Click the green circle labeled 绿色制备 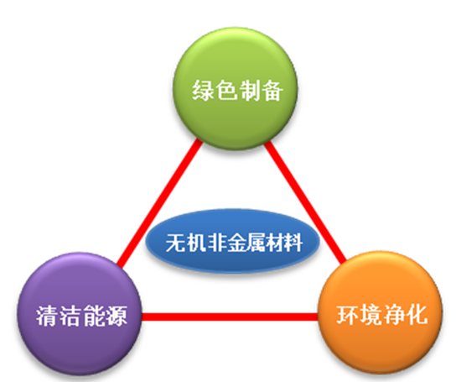(x=235, y=89)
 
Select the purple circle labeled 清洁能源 (x=80, y=314)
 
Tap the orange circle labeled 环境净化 (x=381, y=312)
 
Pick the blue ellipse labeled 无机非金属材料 (x=233, y=241)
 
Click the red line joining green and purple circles (x=159, y=202)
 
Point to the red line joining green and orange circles (x=305, y=201)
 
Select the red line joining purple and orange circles (x=230, y=317)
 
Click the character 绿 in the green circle (x=203, y=91)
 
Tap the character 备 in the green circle (x=272, y=91)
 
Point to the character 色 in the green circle (x=226, y=91)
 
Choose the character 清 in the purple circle (x=47, y=316)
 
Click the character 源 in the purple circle (x=116, y=316)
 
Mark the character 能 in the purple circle (x=93, y=316)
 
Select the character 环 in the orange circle (x=348, y=314)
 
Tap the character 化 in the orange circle (x=417, y=314)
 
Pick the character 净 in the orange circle (x=394, y=314)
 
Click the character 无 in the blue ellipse (x=175, y=243)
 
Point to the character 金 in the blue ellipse (x=235, y=243)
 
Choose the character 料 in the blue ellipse (x=293, y=243)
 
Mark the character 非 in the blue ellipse (x=215, y=243)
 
